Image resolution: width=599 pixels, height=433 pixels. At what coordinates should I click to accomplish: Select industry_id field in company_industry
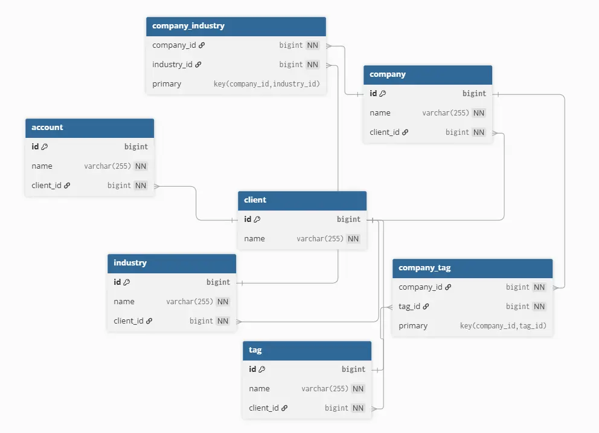click(173, 65)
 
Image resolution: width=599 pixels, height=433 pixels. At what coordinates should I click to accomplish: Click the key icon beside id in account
click(45, 147)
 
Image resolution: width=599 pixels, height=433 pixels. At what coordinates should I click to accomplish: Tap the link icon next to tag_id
click(426, 307)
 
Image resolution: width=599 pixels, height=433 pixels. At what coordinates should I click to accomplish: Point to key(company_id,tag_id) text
click(503, 326)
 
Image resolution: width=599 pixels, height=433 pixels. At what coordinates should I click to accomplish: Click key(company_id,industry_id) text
click(266, 84)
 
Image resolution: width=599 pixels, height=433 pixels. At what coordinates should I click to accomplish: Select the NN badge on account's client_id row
click(141, 186)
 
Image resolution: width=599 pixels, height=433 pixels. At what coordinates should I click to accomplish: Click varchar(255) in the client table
click(320, 239)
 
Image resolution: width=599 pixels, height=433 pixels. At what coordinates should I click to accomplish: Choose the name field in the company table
click(380, 113)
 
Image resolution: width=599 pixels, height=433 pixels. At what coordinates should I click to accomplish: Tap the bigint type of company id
click(474, 94)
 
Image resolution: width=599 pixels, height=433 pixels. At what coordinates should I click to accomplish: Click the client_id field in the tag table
click(264, 408)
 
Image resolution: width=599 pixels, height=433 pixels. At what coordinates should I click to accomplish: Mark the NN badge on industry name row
click(223, 302)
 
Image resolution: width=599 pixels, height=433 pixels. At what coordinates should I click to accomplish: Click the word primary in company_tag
click(413, 326)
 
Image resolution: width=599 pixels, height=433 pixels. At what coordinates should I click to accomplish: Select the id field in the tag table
click(252, 370)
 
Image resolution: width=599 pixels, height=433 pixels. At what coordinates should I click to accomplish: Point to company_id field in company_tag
click(421, 287)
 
